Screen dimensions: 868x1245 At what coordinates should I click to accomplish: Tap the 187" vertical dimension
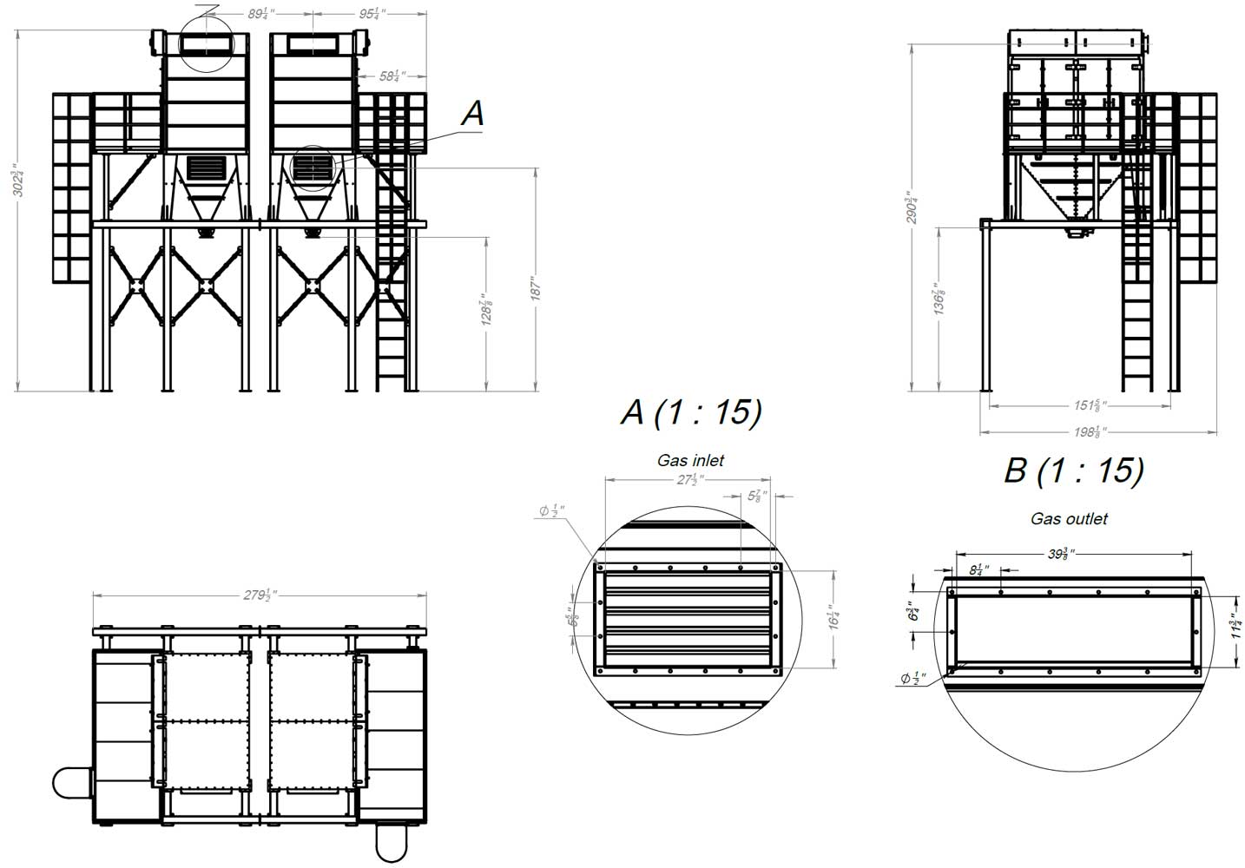[x=535, y=289]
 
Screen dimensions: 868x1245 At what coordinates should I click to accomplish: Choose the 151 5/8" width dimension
[x=1088, y=404]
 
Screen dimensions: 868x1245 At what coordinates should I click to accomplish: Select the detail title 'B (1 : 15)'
[x=1073, y=470]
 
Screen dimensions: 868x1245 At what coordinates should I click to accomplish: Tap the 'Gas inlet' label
[x=690, y=461]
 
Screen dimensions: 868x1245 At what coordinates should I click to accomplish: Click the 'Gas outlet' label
[x=1069, y=519]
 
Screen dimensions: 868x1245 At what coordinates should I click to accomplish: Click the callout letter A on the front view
[x=471, y=113]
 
